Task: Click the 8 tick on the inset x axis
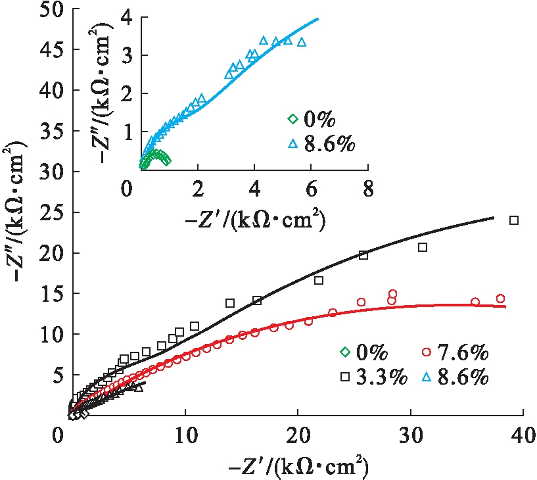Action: tap(367, 190)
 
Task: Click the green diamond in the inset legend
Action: tap(292, 119)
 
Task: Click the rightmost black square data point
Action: tap(514, 220)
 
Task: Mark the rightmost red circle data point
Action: tap(500, 299)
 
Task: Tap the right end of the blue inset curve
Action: tap(318, 18)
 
